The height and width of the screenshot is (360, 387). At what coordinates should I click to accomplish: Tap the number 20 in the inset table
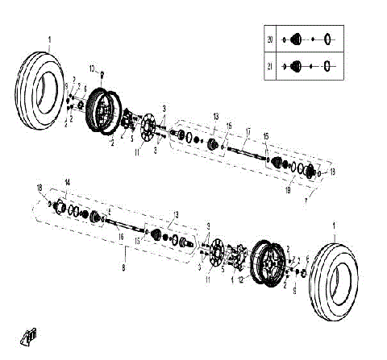pos(271,39)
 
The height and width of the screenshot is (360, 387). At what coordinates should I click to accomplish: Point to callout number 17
pos(248,131)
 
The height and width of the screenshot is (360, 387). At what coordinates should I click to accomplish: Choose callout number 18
pos(39,188)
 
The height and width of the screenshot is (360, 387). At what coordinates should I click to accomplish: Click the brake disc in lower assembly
pos(215,254)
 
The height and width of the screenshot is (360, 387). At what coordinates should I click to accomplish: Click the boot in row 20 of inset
pos(296,39)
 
